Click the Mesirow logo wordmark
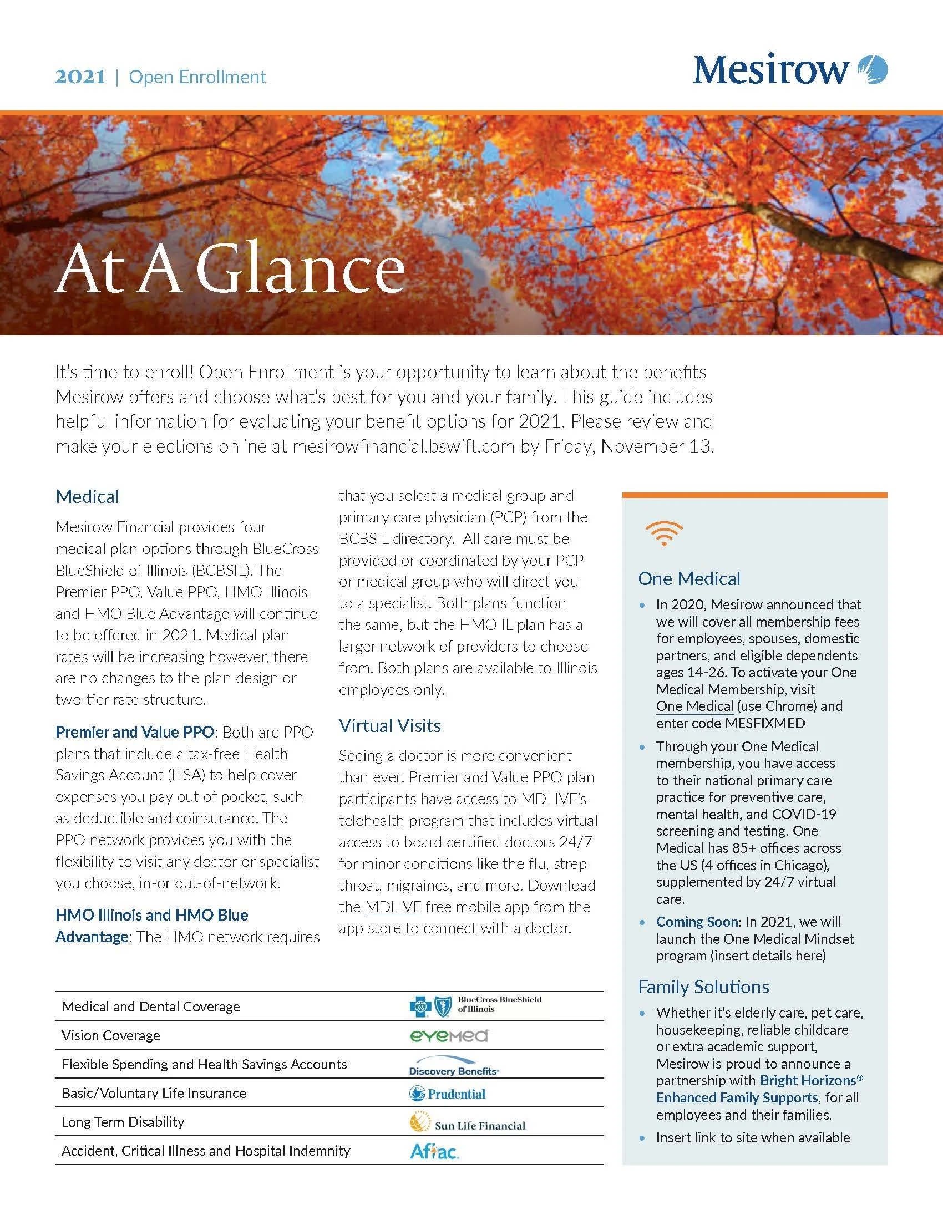771,70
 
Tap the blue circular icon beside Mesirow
872,69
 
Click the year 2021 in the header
80,77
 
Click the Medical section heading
87,497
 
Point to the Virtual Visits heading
389,726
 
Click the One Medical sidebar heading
689,579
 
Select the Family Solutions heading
703,987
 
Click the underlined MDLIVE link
393,907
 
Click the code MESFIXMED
765,723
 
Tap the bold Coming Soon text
697,922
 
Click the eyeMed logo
449,1036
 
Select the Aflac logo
434,1151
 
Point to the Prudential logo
448,1094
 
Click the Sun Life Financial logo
468,1124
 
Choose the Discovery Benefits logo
454,1066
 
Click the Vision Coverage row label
110,1036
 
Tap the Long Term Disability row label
123,1122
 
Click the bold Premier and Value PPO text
134,733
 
